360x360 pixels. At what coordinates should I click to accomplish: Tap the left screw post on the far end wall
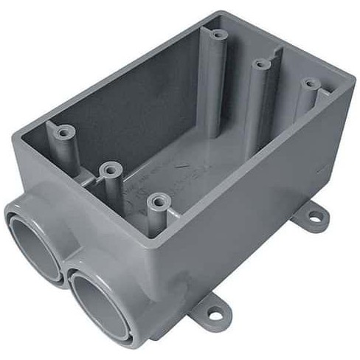216,34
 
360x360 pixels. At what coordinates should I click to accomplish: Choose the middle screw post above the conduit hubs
109,170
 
